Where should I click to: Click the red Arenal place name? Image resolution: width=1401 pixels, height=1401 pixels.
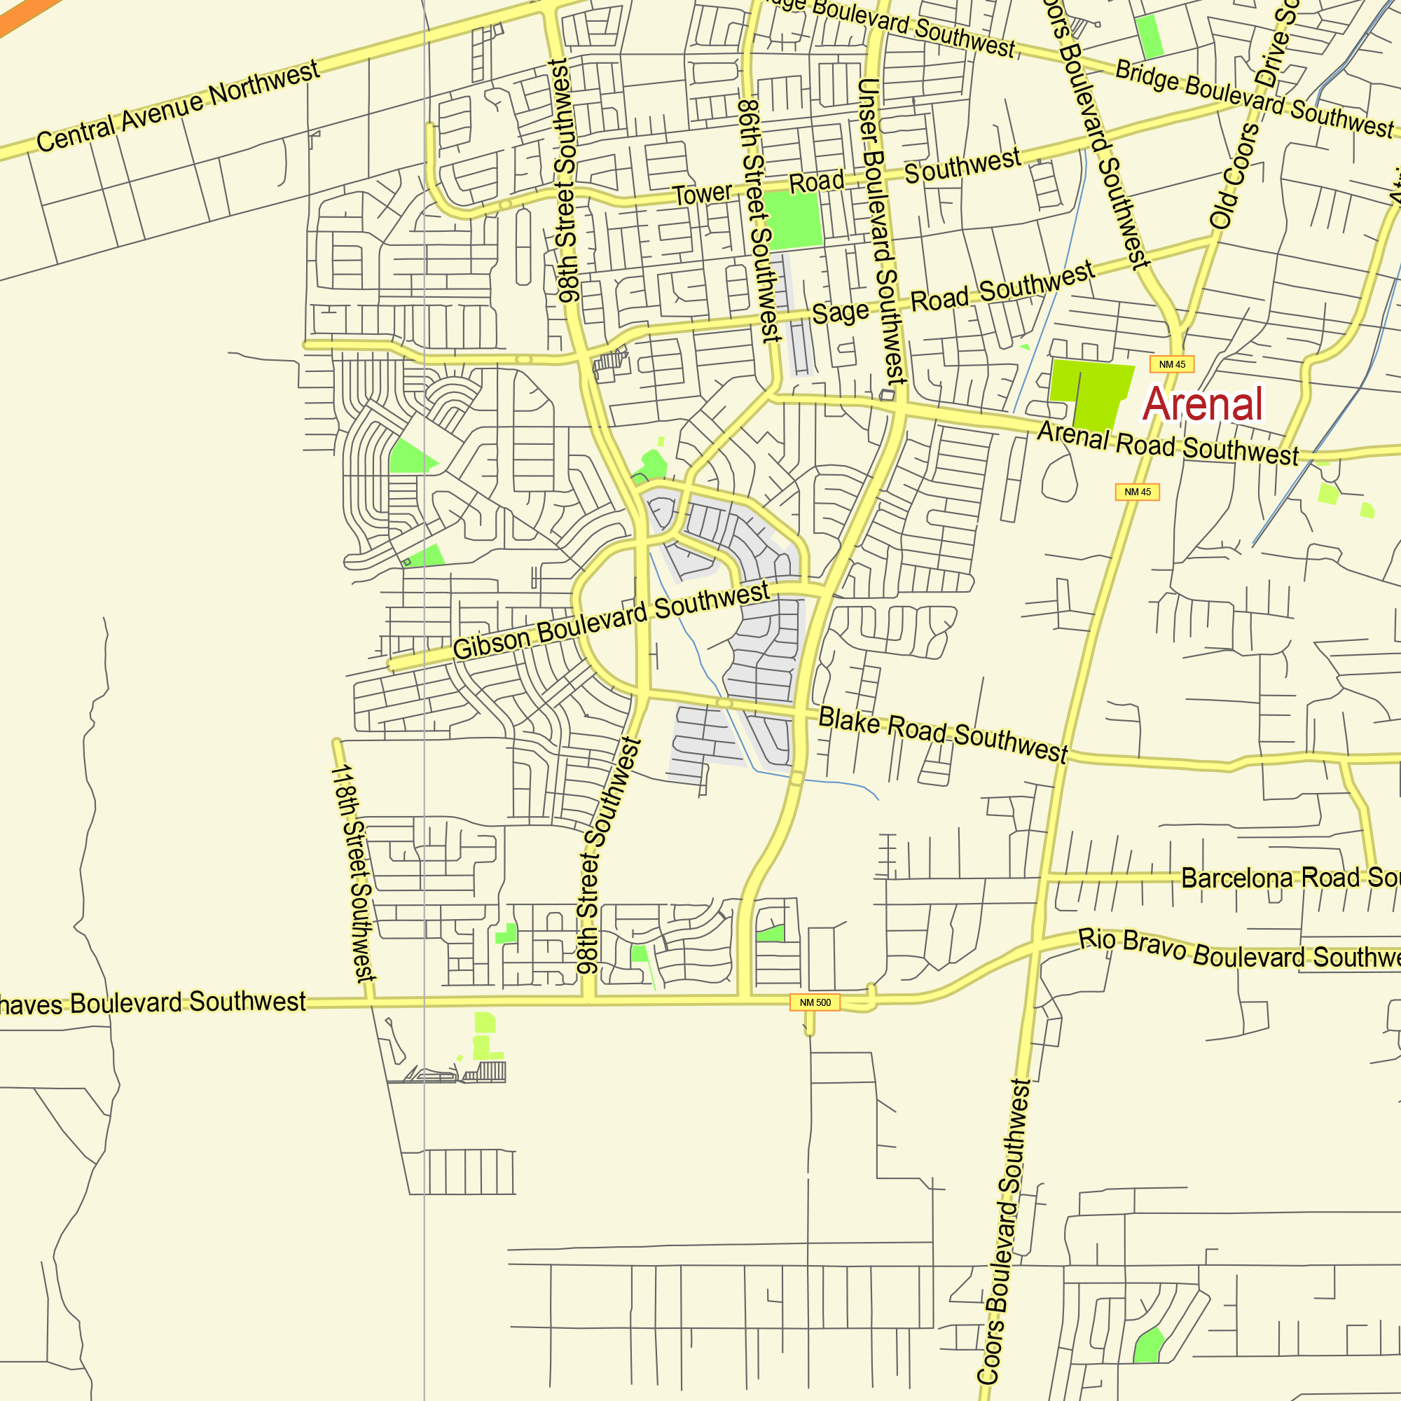[x=1203, y=404]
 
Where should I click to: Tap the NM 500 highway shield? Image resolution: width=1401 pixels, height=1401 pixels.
[x=815, y=1003]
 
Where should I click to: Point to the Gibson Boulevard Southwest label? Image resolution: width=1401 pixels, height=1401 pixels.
[x=611, y=621]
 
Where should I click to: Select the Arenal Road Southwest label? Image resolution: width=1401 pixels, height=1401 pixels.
[x=1168, y=443]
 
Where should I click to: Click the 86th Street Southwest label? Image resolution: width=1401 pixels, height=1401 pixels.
[x=760, y=221]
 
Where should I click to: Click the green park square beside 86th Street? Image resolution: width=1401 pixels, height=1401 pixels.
[x=794, y=220]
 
